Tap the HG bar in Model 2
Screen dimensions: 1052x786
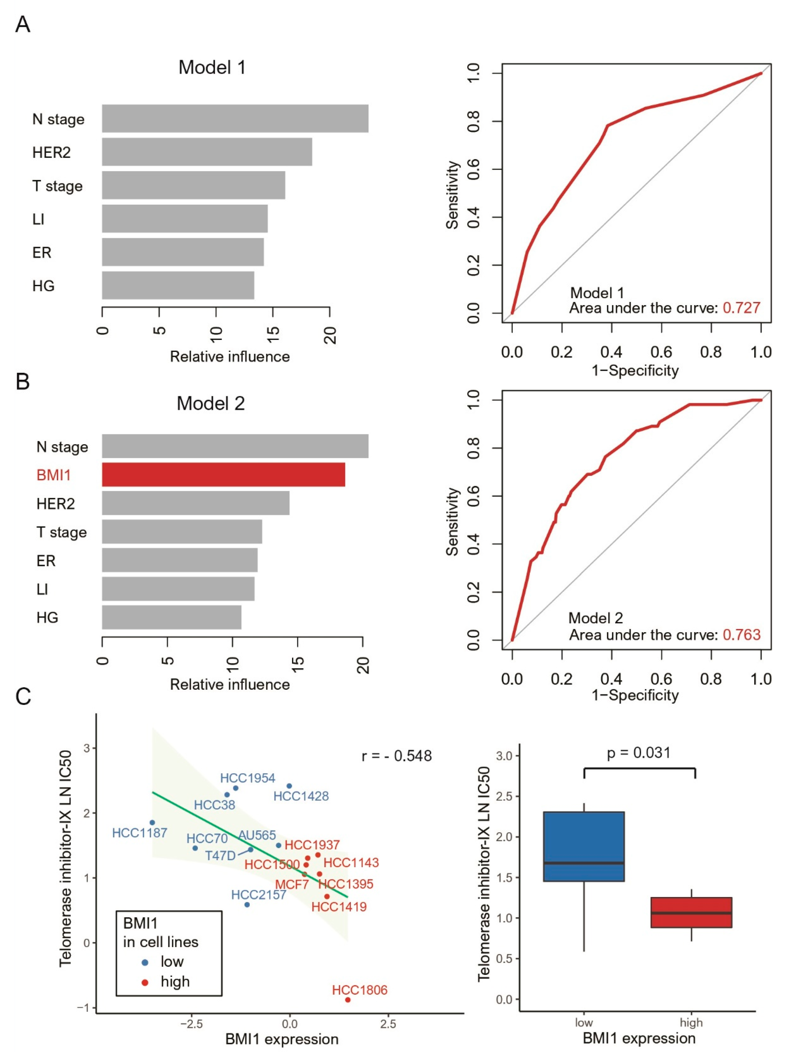(172, 617)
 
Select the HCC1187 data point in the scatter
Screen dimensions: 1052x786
(152, 822)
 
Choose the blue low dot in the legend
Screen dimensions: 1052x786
(145, 962)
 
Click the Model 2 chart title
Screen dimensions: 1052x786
(211, 403)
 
